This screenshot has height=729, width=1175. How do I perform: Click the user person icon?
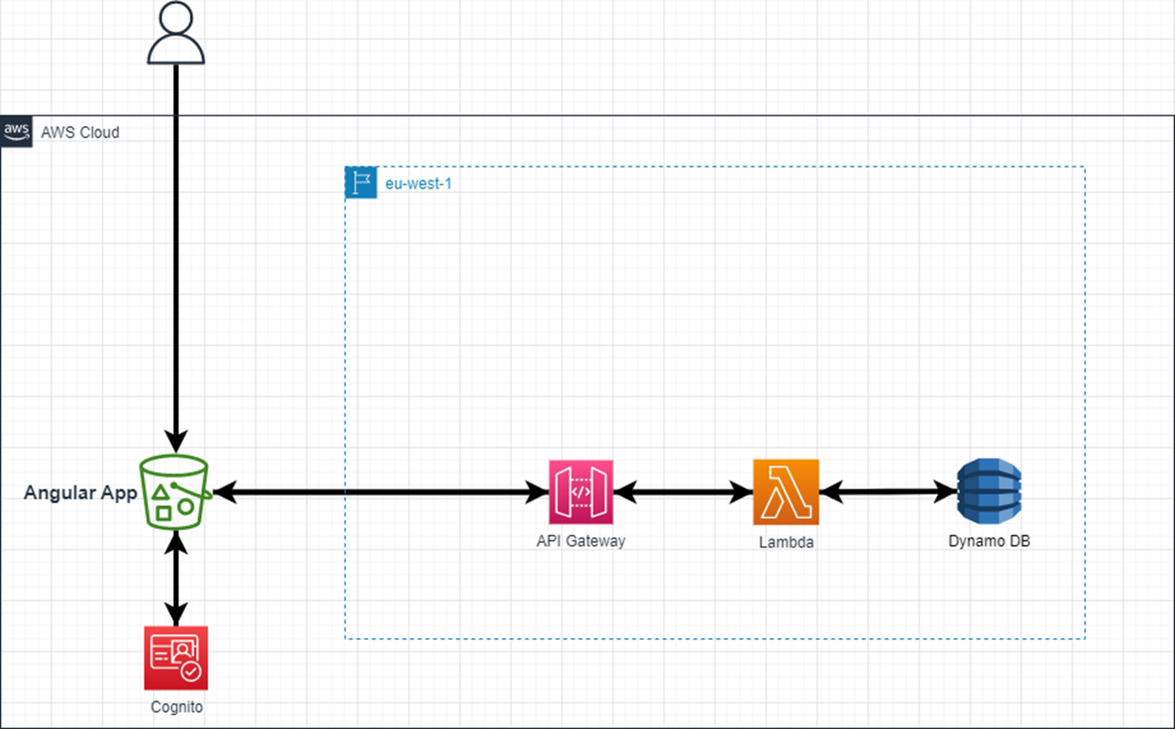point(176,33)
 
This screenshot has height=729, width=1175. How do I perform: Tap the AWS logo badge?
point(16,131)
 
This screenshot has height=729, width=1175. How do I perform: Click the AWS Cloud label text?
point(80,133)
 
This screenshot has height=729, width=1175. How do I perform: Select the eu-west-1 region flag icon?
point(361,183)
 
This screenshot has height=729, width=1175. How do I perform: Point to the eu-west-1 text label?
point(418,184)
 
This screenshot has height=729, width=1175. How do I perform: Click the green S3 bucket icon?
point(174,492)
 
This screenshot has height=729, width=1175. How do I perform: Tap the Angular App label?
point(80,493)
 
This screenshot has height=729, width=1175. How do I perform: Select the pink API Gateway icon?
point(581,492)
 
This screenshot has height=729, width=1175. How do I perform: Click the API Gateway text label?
point(581,541)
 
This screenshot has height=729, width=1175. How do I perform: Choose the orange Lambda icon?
point(785,492)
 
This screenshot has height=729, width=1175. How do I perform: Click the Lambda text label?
point(786,542)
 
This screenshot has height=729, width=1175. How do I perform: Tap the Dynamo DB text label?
point(989,541)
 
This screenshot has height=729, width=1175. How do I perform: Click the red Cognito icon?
point(176,658)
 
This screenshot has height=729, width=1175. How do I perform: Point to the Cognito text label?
point(177,707)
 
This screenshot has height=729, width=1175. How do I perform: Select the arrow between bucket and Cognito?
point(176,577)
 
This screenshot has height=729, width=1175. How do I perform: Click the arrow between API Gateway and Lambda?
point(683,492)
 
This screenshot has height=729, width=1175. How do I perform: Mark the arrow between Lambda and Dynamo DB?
point(888,491)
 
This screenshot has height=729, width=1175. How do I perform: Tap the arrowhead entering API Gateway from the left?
point(538,492)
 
